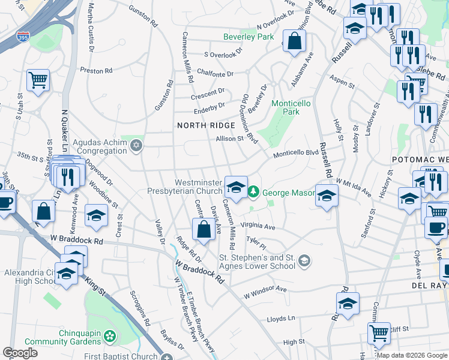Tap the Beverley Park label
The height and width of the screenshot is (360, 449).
pos(248,37)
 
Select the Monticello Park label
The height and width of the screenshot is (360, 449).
pos(291,107)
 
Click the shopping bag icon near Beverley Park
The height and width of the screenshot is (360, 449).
pos(294,41)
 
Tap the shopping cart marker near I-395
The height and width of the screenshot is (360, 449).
pos(38,80)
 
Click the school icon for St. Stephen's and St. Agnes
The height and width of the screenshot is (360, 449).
pos(305,260)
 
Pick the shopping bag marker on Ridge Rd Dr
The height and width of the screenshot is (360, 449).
pos(203,229)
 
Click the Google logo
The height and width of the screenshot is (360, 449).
pos(20,353)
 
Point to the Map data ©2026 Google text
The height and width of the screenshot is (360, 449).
pos(412,355)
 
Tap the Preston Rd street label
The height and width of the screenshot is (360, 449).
pos(96,70)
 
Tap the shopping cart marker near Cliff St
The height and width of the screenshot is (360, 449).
pos(378,333)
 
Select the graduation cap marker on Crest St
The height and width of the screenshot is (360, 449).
pos(97,215)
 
